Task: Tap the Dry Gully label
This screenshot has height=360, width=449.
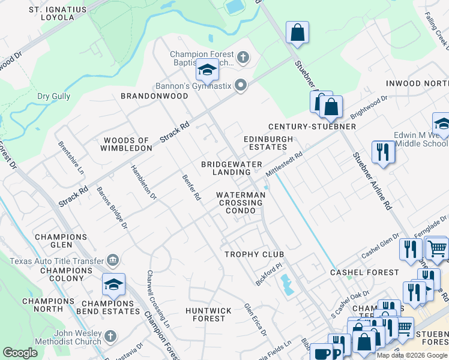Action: click(53, 96)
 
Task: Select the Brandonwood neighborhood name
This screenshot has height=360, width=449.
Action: click(154, 96)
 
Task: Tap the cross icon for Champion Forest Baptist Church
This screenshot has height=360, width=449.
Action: click(243, 58)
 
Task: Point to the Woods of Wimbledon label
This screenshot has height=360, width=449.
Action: click(128, 144)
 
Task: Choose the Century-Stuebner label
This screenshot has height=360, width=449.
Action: click(312, 127)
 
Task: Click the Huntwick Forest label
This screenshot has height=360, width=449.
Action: click(208, 314)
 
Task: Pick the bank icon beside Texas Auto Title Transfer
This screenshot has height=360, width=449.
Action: click(112, 260)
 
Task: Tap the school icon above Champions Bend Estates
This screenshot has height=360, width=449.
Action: click(113, 285)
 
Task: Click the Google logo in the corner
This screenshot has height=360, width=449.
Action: click(20, 353)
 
